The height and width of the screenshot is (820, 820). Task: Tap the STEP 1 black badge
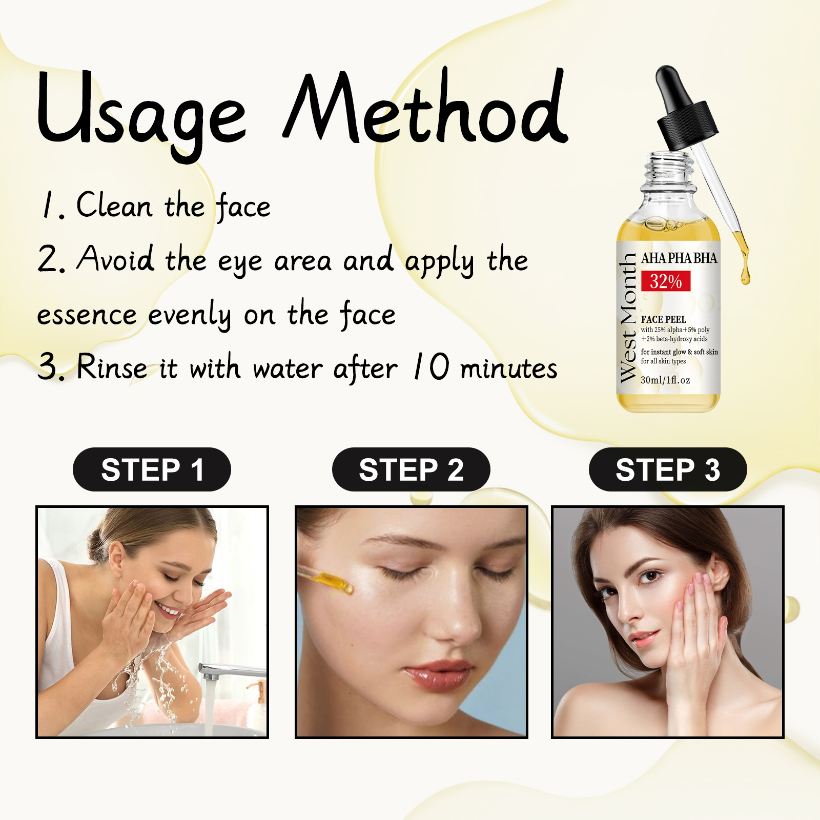[x=152, y=469]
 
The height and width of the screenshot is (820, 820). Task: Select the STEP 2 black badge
[x=411, y=469]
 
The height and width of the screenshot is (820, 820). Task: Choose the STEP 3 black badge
[x=668, y=469]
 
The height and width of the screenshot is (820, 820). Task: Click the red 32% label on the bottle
[x=666, y=281]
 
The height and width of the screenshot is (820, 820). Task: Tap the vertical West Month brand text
[x=628, y=318]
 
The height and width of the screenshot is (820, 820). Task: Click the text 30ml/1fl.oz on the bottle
[x=665, y=380]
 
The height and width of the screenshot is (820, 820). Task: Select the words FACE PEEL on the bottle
[x=663, y=319]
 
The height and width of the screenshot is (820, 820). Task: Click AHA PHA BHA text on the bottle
[x=679, y=258]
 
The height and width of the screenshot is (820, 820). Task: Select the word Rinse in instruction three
[x=112, y=367]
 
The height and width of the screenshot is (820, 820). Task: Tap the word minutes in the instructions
[x=508, y=368]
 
